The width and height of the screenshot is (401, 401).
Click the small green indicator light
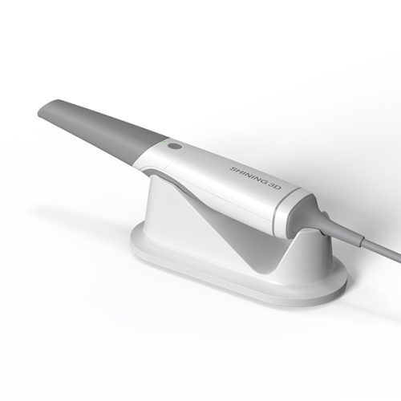[162, 144]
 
